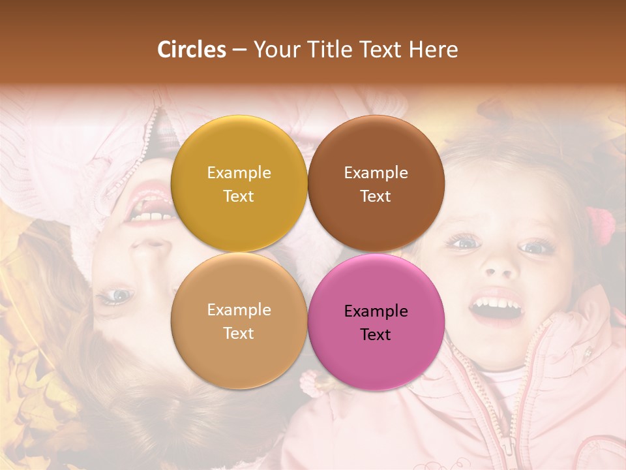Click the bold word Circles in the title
coord(192,50)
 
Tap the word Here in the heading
coord(433,50)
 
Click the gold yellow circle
coord(239,183)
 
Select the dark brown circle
coord(376,183)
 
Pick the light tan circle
coord(239,321)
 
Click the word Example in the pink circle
coord(376,311)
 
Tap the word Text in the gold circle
coord(239,196)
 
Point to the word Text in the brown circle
coord(376,196)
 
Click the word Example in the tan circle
coord(239,309)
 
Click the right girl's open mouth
coord(497,307)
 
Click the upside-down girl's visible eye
coord(115,296)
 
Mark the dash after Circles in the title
coord(239,50)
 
